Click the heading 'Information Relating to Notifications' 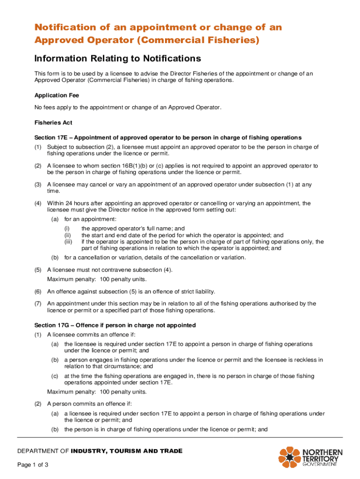[x=117, y=58]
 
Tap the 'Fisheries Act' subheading [x=53, y=123]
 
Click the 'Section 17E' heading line [x=168, y=138]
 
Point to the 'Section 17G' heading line [x=115, y=325]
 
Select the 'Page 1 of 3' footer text [x=33, y=465]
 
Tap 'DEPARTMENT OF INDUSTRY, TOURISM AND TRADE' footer [x=100, y=451]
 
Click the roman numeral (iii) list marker [x=69, y=242]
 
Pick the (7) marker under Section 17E [x=37, y=304]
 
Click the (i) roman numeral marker [x=67, y=229]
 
